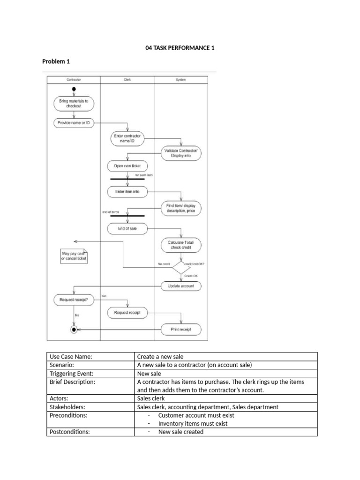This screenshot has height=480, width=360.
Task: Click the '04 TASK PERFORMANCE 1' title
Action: tap(180, 48)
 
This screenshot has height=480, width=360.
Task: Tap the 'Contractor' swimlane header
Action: tap(73, 80)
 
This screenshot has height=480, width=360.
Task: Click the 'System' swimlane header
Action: tap(180, 80)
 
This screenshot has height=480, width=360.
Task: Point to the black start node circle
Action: tap(74, 89)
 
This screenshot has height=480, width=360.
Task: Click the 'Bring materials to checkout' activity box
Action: tap(74, 104)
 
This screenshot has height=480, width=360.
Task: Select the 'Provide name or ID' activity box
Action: tap(74, 122)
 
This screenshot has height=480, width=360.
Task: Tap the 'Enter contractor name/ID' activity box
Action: tap(127, 138)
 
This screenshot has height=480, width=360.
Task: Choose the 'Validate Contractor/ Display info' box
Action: tap(181, 153)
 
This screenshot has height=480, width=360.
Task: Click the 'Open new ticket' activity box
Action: tap(127, 166)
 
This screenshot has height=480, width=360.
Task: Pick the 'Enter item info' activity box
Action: tap(127, 192)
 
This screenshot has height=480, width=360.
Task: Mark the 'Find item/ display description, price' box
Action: tap(181, 208)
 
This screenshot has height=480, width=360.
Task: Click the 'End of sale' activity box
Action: tap(127, 229)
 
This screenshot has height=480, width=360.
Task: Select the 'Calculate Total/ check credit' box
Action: tap(181, 245)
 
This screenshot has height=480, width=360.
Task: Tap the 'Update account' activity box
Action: tap(181, 285)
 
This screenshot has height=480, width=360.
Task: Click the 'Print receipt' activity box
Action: tap(181, 330)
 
